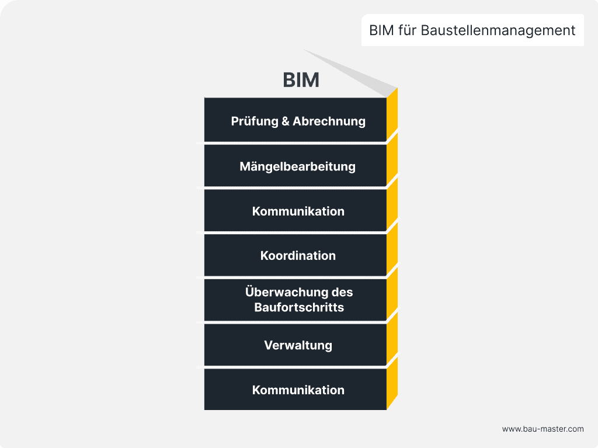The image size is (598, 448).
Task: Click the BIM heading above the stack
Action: point(301,80)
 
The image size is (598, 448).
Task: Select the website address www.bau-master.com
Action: point(543,429)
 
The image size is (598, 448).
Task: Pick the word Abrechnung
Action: point(329,121)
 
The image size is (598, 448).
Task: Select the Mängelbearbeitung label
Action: point(297,166)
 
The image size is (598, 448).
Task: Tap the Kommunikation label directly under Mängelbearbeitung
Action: point(298,211)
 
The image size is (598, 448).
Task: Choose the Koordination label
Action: point(298,255)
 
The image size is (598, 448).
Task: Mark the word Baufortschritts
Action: point(299,307)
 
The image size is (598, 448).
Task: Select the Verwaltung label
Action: point(298,345)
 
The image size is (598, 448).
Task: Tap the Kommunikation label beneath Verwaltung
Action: point(298,390)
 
